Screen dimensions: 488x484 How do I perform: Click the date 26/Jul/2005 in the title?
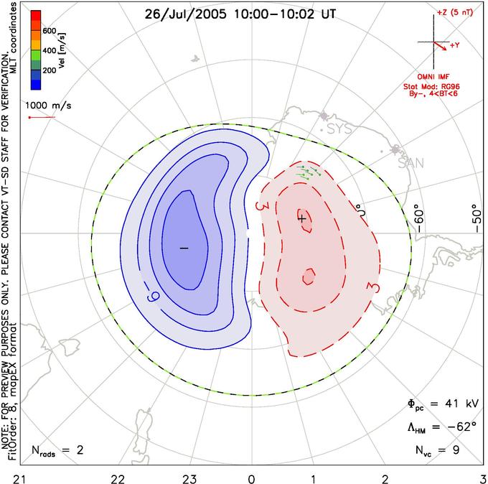tap(186, 14)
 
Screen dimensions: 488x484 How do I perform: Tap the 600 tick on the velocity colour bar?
tap(50, 31)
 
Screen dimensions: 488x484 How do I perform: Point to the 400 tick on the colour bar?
tap(50, 50)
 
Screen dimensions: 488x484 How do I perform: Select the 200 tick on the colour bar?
tap(50, 70)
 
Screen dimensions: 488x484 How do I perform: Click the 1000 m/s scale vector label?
tap(48, 106)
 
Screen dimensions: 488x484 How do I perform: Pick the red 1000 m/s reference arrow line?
tap(42, 118)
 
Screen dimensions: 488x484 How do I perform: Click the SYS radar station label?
tap(340, 129)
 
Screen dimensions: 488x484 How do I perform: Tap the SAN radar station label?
tap(411, 163)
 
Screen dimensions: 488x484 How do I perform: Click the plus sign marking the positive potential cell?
tap(301, 218)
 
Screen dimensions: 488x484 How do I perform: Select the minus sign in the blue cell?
tap(184, 248)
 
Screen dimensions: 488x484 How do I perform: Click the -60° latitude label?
tap(419, 220)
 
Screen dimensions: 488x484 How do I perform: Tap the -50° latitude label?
tap(477, 218)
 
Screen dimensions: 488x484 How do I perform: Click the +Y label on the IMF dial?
tap(454, 45)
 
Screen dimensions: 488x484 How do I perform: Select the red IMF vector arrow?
tap(440, 46)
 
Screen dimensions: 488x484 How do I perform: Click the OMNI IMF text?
tap(433, 77)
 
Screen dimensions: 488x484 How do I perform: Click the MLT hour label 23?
tap(189, 479)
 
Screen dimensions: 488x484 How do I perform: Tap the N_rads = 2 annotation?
tap(57, 450)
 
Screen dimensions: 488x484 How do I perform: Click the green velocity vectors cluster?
tap(309, 172)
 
